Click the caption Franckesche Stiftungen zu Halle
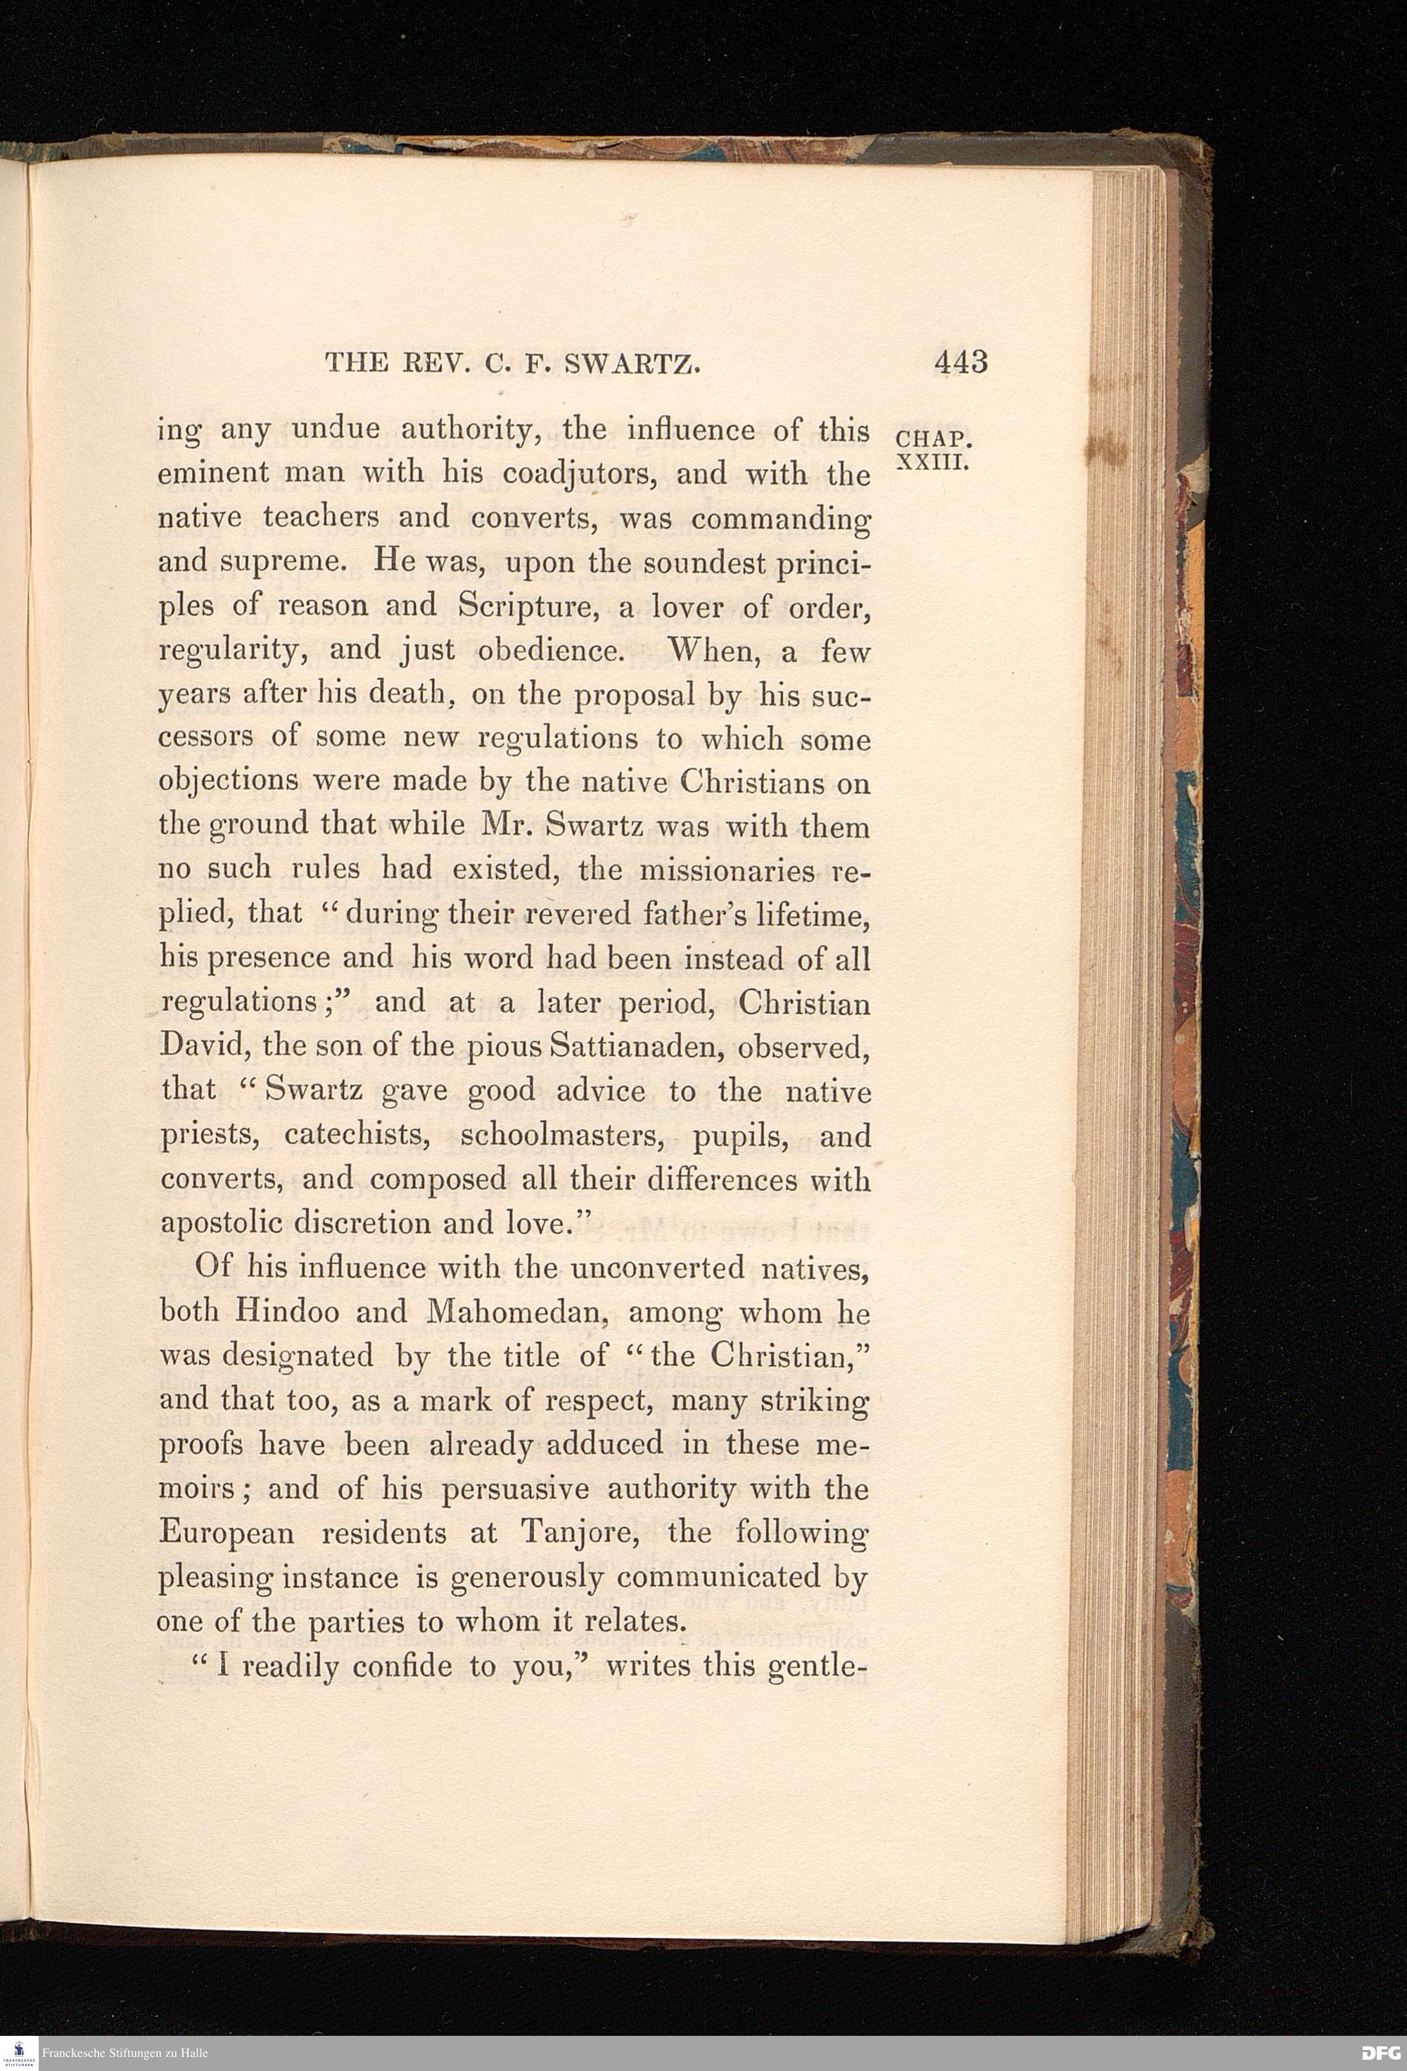click(x=125, y=2053)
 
